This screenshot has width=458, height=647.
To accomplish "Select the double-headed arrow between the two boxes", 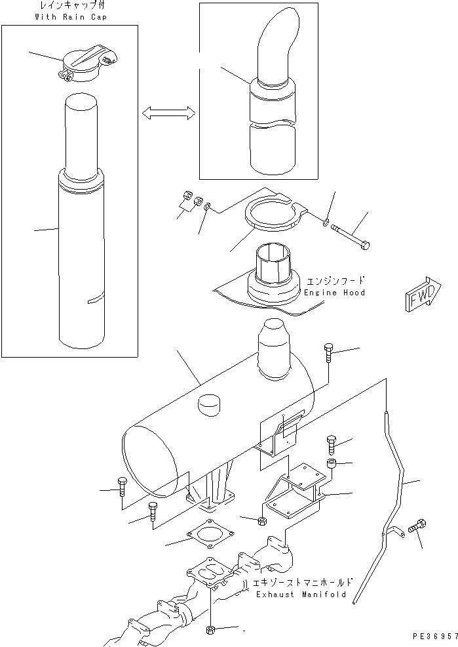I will coord(169,114).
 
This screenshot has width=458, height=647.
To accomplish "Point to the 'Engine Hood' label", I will coord(334,292).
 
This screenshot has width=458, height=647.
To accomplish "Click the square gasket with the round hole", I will coord(205,534).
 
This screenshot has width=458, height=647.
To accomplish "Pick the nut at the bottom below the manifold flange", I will coord(212,630).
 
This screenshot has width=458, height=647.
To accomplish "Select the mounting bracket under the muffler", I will coord(294,491).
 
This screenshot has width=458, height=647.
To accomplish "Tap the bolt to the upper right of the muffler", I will coord(329,354).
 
